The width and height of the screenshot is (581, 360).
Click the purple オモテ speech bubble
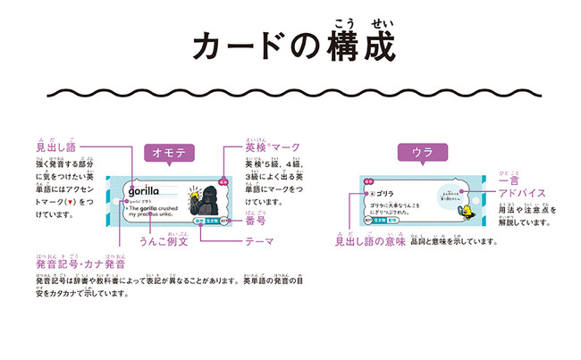click(x=170, y=153)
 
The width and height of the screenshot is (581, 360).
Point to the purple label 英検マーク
click(x=272, y=147)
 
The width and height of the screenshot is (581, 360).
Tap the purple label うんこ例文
click(x=163, y=241)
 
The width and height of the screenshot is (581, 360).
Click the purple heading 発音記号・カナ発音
click(x=80, y=265)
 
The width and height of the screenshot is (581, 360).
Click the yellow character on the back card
click(x=464, y=212)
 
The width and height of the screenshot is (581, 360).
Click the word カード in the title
click(x=237, y=46)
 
